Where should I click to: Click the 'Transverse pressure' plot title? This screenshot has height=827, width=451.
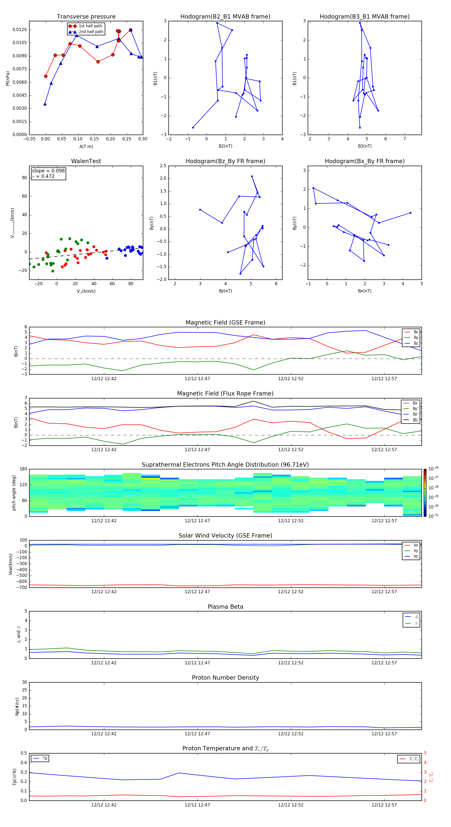point(86,17)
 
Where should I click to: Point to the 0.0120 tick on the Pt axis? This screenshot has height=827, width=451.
point(20,30)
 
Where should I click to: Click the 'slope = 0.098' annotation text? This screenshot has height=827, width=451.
point(48,171)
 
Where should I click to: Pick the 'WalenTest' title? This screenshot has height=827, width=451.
point(86,161)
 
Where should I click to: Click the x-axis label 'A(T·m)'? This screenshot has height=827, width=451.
point(86,146)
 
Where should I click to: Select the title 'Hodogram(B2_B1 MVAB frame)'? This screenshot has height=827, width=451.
point(225,17)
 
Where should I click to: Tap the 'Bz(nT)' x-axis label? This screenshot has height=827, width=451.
point(225,291)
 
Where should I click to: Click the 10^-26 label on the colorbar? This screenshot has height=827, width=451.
point(433,468)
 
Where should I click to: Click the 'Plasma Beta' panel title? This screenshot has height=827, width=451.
point(225,607)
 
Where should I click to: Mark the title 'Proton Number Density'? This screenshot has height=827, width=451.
point(225,678)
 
